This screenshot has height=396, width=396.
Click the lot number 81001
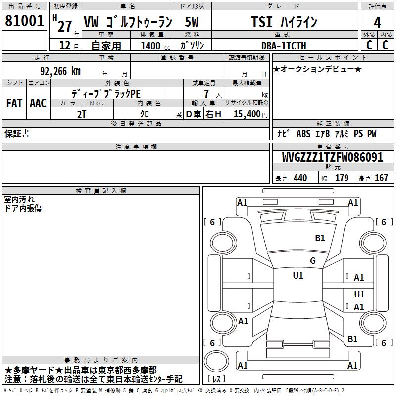[x=24, y=20]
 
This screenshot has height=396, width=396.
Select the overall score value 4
[x=377, y=22]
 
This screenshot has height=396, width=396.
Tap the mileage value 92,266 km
[x=60, y=71]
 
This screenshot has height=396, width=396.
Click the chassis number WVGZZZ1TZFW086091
[x=333, y=157]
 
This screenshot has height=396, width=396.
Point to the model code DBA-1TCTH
[x=284, y=46]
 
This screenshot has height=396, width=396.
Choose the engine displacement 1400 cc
[x=155, y=46]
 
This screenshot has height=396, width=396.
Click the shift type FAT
[x=14, y=103]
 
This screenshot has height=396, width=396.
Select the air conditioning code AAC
[x=38, y=103]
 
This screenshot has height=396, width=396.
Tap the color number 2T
[x=82, y=114]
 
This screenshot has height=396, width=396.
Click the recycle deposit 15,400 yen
[x=250, y=114]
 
